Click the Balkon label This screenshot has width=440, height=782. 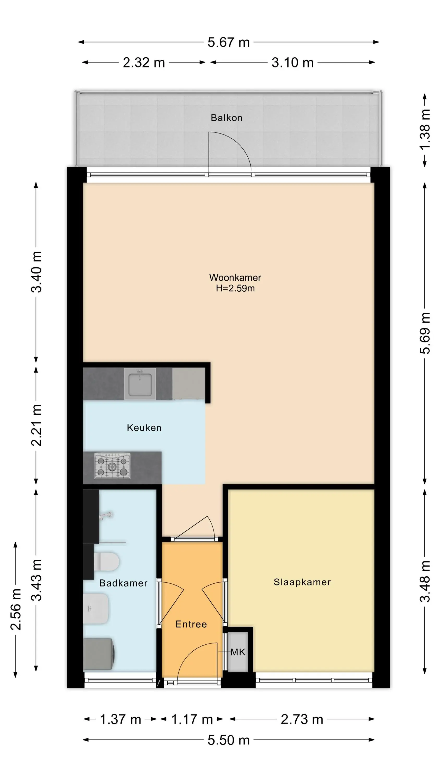226,118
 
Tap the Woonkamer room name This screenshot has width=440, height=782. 235,277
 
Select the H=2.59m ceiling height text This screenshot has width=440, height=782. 235,288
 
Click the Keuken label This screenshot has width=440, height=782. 144,428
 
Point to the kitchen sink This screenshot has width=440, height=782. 140,384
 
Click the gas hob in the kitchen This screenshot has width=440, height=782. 112,466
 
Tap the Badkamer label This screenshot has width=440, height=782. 123,583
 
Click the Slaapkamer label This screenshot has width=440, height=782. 302,582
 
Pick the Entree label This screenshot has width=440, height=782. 191,625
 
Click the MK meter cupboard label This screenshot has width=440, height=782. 238,652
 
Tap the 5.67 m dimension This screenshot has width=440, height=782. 228,42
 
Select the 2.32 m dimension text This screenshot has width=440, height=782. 144,63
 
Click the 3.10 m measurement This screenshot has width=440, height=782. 292,63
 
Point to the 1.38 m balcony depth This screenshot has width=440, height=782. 425,130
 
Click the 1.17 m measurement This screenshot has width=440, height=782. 192,719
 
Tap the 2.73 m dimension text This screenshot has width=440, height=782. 302,719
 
